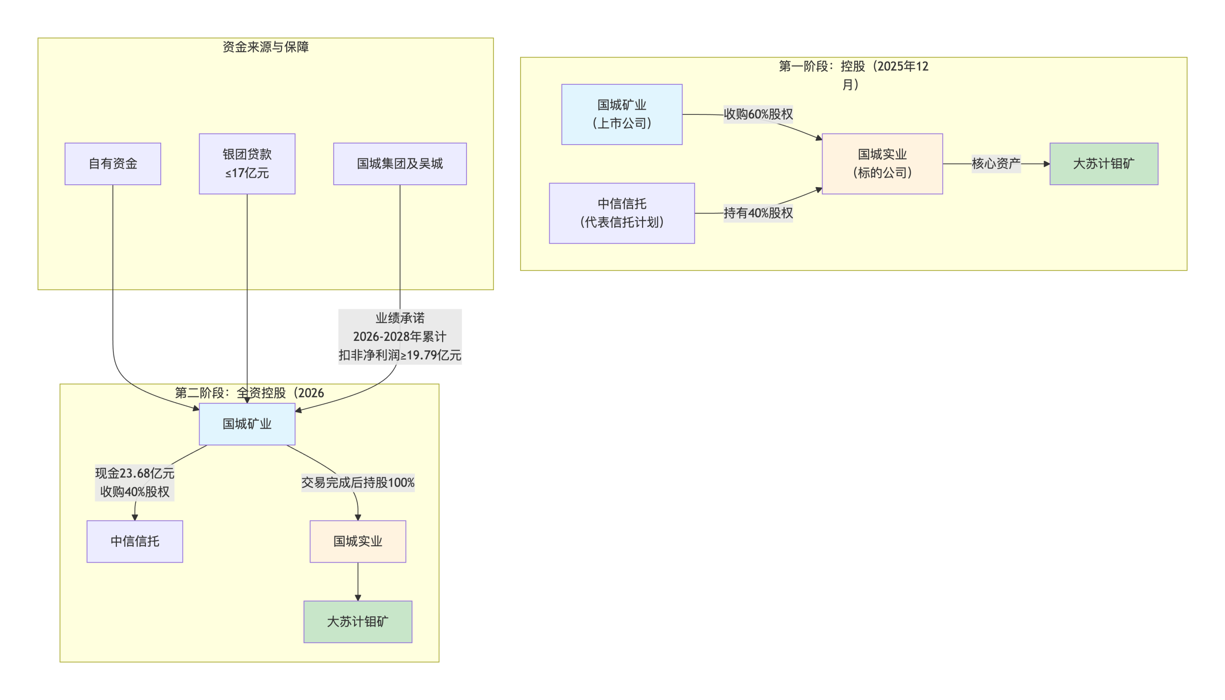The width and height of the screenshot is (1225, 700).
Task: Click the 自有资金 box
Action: coord(112,163)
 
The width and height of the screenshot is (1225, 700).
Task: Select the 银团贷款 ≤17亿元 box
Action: coord(247,163)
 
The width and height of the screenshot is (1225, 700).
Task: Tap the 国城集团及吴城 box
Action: coord(400,163)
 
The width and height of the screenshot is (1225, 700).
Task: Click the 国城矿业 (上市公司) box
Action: coord(622,114)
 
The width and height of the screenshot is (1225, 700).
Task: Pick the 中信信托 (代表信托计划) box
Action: coord(622,213)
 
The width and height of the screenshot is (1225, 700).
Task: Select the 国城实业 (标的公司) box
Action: coord(882,163)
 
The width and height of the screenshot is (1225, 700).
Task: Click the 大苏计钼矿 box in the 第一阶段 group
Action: coord(1103,163)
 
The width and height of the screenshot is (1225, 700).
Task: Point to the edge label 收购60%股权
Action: coord(758,114)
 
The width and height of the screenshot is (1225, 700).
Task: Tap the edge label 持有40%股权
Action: coord(758,213)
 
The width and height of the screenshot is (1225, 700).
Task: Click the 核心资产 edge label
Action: coord(996,163)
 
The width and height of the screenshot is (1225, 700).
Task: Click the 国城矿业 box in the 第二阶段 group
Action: coord(247,424)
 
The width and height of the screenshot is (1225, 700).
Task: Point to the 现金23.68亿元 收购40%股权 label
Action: coord(134,482)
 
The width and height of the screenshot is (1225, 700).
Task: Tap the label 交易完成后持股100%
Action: coord(358,482)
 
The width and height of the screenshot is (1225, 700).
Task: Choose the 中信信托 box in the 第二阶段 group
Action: coord(134,542)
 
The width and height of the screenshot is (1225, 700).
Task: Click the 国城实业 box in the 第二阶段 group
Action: coord(358,542)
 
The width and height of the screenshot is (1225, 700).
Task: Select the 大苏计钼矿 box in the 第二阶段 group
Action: coord(358,621)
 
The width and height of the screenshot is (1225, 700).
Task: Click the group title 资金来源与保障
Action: coord(266,46)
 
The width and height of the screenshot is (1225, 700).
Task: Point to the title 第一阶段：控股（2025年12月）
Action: coord(853,75)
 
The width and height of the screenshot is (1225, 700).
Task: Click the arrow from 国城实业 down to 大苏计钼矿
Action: coord(358,582)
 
